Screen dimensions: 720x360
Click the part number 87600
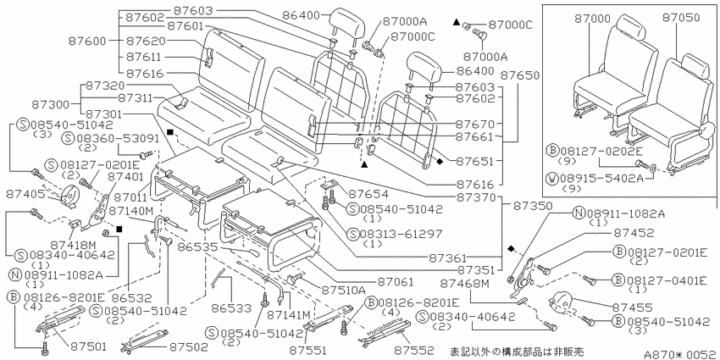pos(87,41)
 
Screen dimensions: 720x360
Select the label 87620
pos(145,41)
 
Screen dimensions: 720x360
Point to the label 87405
pos(25,194)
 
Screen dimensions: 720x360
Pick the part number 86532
pos(134,298)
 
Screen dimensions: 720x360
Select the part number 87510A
pos(343,291)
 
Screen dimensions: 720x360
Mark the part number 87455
pos(631,307)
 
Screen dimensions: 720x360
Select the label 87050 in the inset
pos(681,18)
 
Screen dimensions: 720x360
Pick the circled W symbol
pos(552,178)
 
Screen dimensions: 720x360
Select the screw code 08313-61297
pos(401,234)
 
